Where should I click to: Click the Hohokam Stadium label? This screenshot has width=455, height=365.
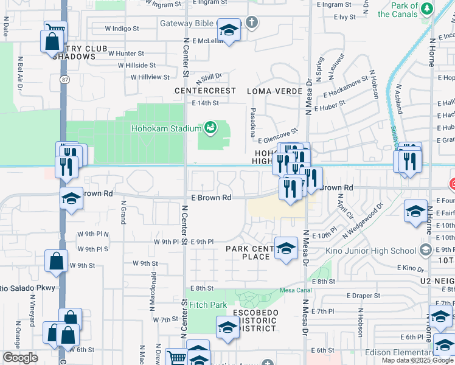tap(166, 128)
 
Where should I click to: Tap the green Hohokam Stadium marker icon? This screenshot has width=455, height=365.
tap(210, 128)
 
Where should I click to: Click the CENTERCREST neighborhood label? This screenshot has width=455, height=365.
tap(205, 91)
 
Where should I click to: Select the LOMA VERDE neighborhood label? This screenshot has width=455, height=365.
tap(274, 91)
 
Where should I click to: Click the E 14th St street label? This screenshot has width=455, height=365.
tap(205, 103)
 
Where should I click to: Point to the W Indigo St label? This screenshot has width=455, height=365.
tap(122, 28)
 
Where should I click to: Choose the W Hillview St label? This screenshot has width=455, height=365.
tap(137, 77)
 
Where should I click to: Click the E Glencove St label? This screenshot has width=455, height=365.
tap(277, 134)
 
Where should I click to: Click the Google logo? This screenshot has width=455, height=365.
tap(20, 358)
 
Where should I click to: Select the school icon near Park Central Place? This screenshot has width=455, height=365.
tap(286, 248)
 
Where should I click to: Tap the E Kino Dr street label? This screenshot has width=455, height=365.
tap(409, 268)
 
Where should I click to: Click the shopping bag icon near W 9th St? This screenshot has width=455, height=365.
tap(56, 261)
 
